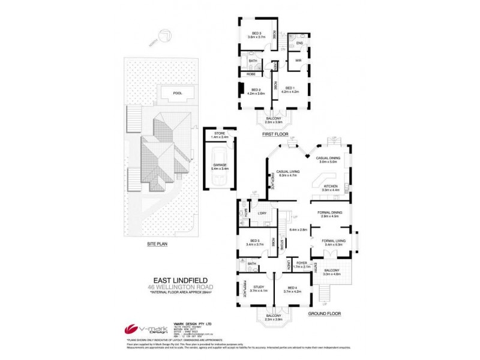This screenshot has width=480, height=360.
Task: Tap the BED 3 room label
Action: (x=256, y=33)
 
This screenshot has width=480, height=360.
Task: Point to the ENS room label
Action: (x=299, y=44)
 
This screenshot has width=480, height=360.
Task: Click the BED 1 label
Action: (x=291, y=88)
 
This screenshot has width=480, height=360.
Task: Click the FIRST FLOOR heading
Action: (x=276, y=135)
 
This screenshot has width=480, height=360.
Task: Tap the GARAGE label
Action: (x=218, y=166)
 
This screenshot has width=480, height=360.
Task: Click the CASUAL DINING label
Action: (x=329, y=158)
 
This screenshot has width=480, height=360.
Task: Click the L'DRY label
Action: (x=262, y=214)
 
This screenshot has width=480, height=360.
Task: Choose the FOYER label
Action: (x=301, y=263)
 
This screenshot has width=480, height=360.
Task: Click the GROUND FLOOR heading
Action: (x=325, y=313)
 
